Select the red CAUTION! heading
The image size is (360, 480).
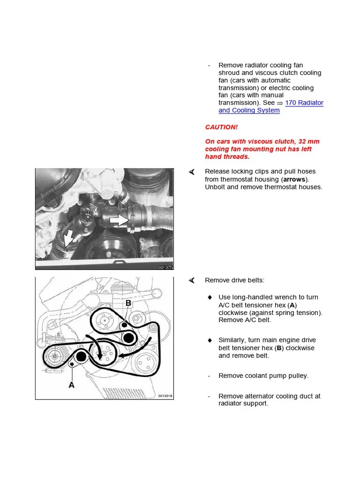[221, 127]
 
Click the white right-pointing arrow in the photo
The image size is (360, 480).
[120, 220]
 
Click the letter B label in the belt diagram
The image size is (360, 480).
[128, 304]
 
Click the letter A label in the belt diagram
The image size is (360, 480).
[72, 384]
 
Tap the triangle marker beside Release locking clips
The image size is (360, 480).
[191, 172]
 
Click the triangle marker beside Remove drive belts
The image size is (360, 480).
[191, 280]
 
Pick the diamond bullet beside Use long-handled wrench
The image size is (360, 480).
[210, 297]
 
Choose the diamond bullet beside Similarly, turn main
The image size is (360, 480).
[210, 340]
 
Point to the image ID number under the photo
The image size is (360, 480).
[164, 267]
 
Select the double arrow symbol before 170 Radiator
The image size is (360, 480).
[280, 103]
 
